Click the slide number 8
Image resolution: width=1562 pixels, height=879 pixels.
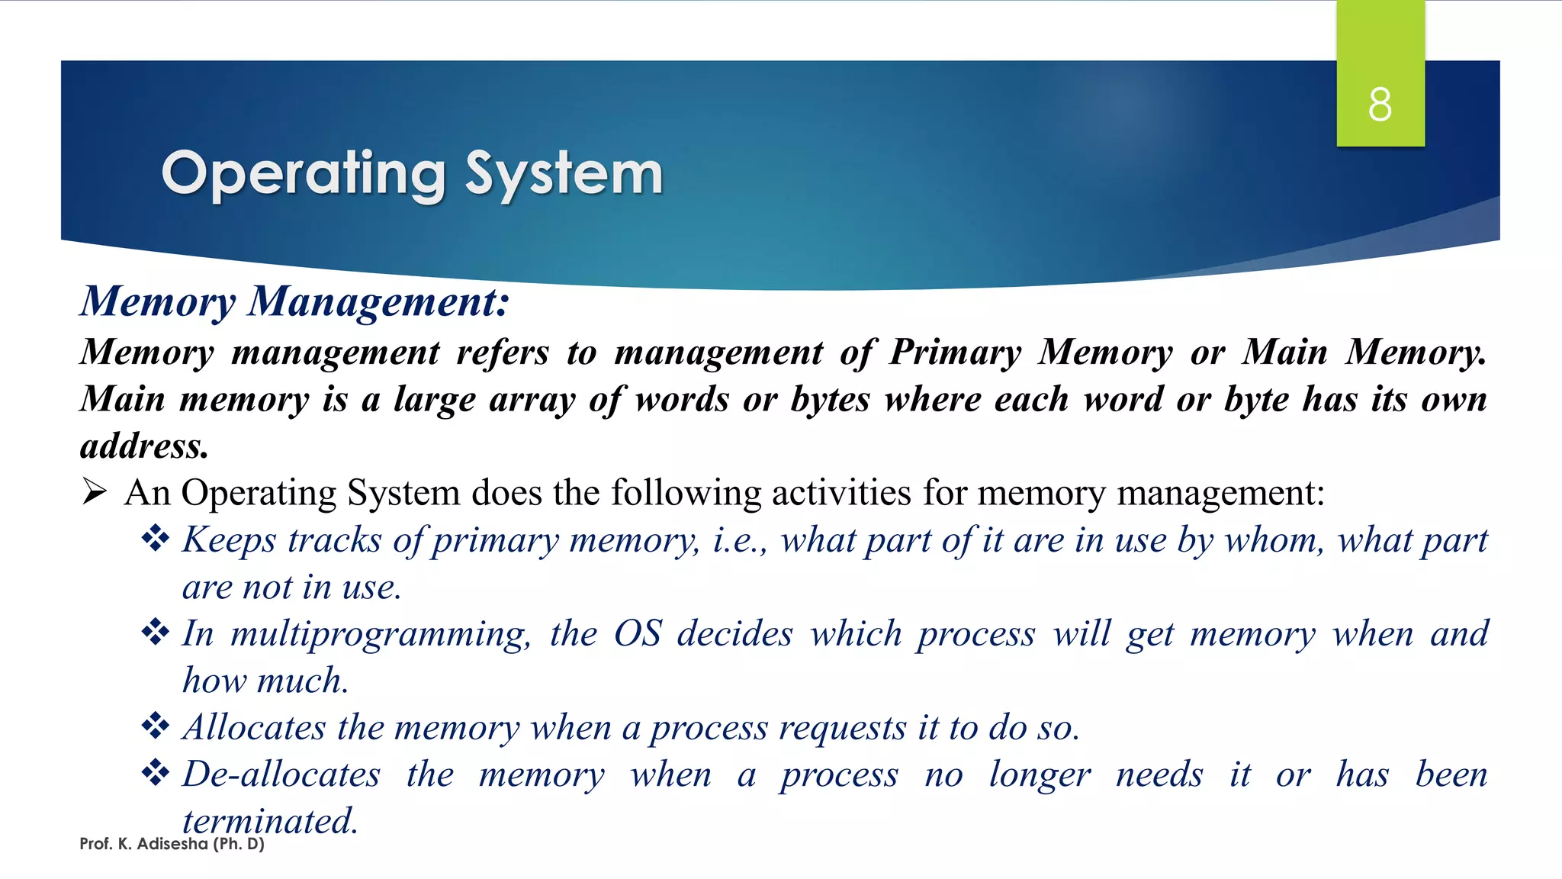tap(1380, 105)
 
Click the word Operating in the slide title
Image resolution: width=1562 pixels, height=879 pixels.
tap(303, 174)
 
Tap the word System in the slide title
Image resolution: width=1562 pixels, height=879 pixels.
tap(564, 174)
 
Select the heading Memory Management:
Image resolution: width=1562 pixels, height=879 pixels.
tap(294, 301)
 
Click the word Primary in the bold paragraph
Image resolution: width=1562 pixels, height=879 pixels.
tap(955, 353)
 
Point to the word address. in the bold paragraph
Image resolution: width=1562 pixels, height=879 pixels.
tap(144, 446)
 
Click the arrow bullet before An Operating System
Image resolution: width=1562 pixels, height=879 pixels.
tap(95, 492)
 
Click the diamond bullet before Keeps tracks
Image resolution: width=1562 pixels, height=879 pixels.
tap(156, 539)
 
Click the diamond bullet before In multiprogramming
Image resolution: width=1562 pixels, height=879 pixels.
tap(156, 633)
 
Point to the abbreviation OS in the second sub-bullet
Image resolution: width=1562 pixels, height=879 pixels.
tap(638, 633)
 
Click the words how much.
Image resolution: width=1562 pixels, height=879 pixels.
tap(265, 681)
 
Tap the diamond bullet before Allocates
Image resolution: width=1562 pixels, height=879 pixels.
tap(156, 726)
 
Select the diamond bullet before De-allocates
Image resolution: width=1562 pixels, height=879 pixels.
tap(156, 773)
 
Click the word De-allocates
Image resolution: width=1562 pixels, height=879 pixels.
tap(281, 774)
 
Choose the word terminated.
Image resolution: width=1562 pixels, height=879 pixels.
tap(270, 821)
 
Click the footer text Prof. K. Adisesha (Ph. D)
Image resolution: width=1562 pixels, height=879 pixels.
tap(172, 844)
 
